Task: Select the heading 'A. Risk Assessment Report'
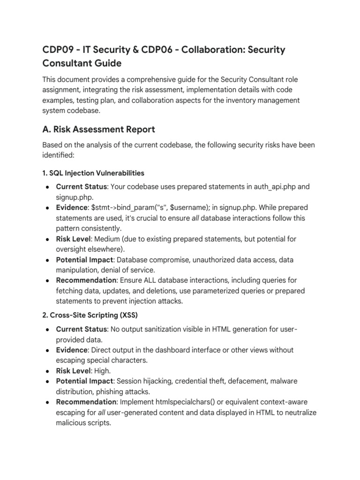[x=98, y=129]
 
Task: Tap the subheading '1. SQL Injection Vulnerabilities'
[x=93, y=172]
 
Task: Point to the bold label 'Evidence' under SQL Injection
[x=71, y=207]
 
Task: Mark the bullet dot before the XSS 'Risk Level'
[x=48, y=371]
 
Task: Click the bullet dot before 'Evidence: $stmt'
[x=48, y=208]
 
